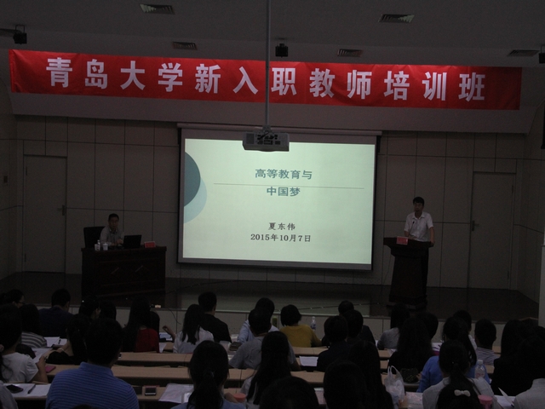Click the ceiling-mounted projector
[x=266, y=141]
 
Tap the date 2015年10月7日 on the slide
[x=280, y=238]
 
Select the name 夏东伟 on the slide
[x=282, y=227]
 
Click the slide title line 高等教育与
[x=284, y=174]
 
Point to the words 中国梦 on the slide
[x=284, y=191]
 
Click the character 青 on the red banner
[x=59, y=72]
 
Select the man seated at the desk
[x=112, y=230]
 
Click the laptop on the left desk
[x=132, y=241]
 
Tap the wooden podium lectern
[x=408, y=269]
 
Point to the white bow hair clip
[x=462, y=393]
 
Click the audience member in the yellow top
[x=298, y=327]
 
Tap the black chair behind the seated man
[x=93, y=237]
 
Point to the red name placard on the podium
[x=402, y=240]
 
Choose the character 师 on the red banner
[x=359, y=84]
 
